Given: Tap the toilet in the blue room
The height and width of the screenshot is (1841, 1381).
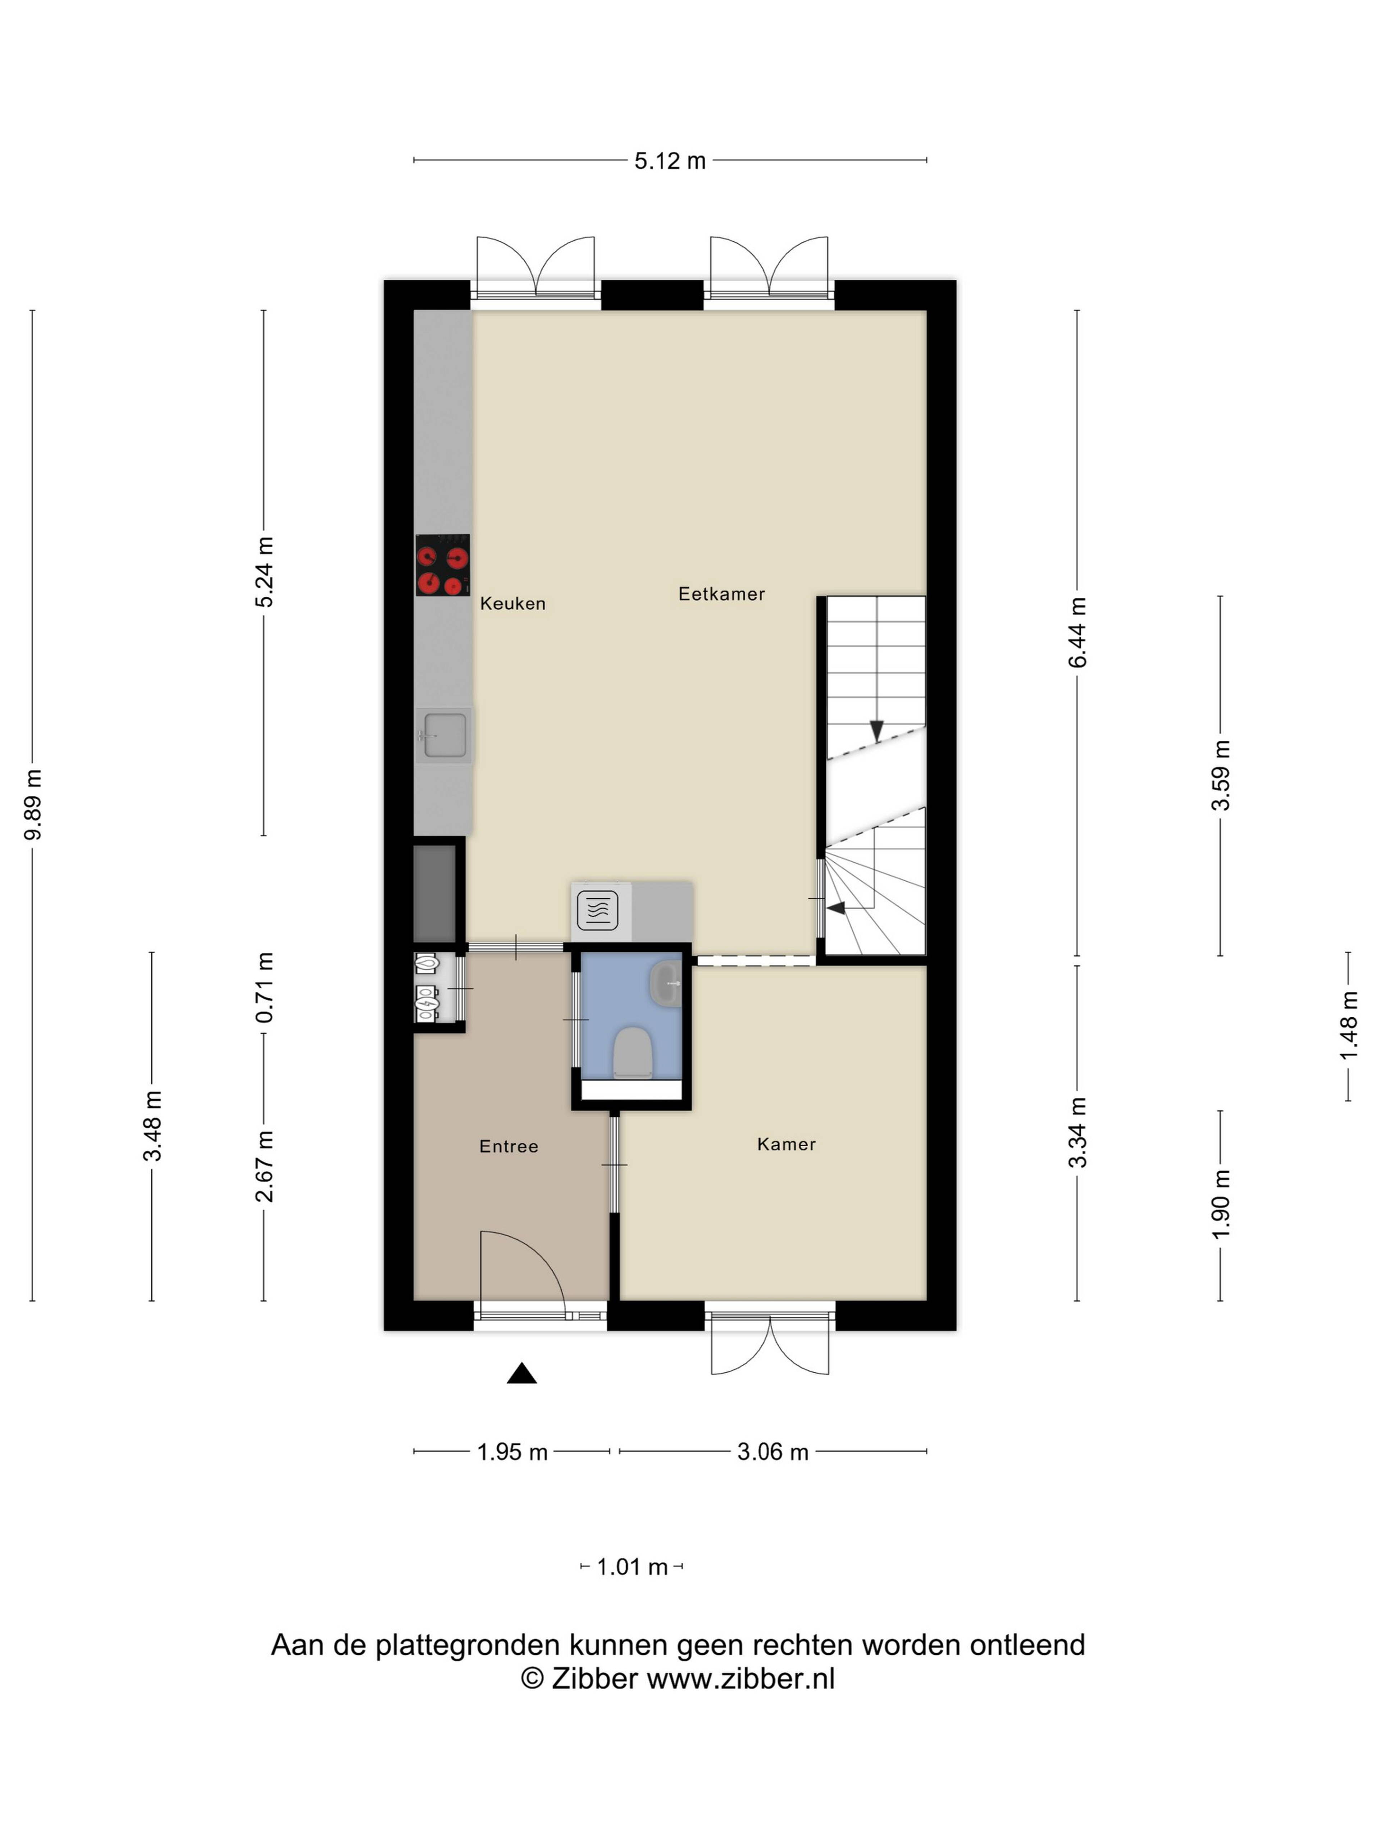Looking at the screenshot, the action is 633,1053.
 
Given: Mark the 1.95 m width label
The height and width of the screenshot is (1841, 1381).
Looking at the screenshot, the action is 512,1452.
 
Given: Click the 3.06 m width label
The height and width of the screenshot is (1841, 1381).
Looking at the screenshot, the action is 772,1452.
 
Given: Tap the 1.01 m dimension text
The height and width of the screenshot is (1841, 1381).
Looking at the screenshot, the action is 632,1567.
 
